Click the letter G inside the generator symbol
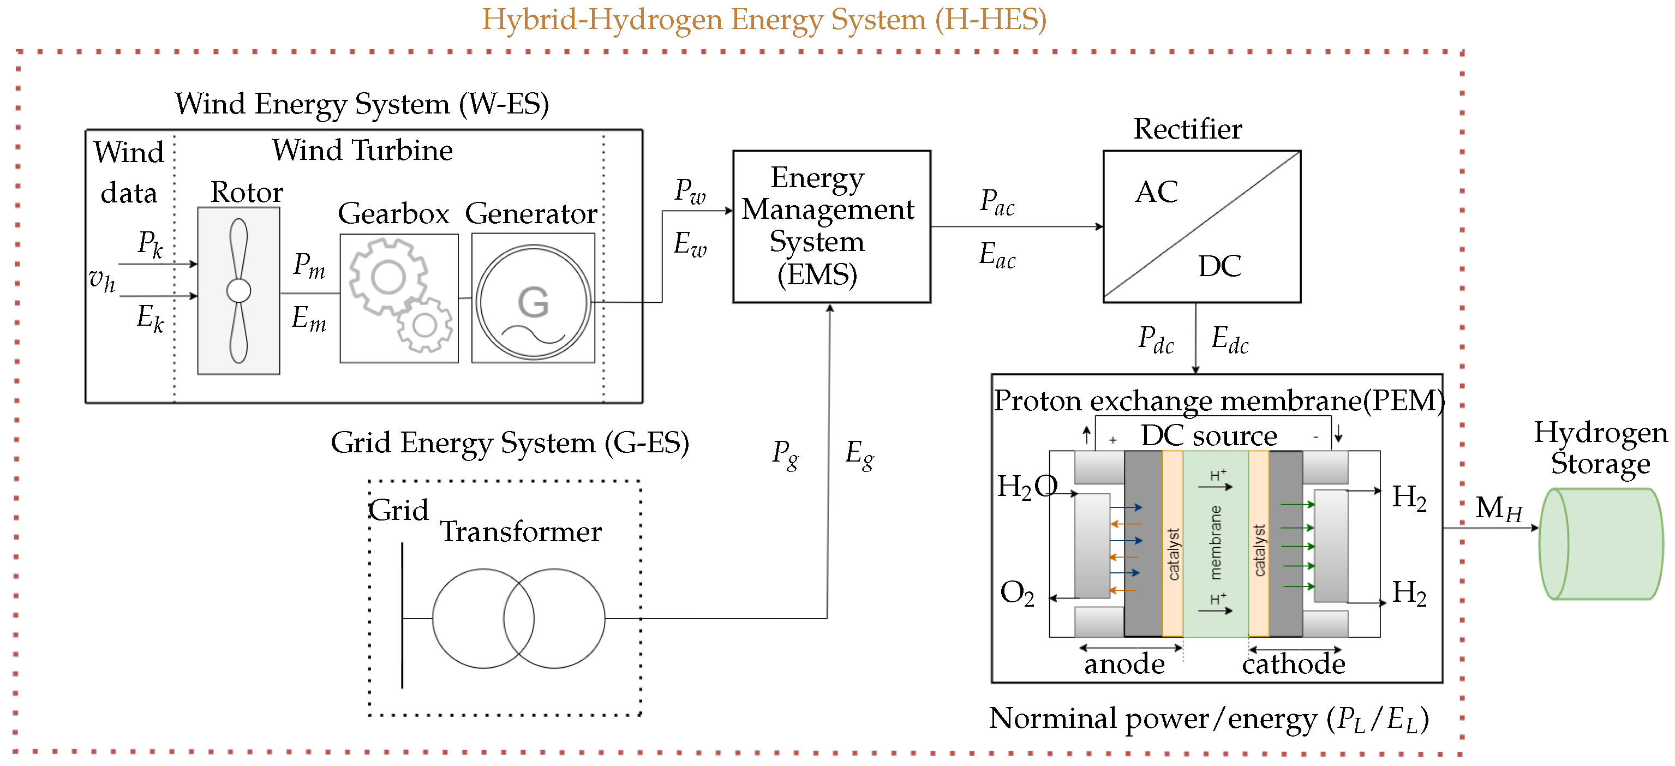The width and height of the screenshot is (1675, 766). (533, 302)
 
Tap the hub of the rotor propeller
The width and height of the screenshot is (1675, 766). (238, 291)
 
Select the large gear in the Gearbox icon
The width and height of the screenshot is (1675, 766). (388, 278)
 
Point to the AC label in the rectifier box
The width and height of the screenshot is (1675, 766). (1156, 192)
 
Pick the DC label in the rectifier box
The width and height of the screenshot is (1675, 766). (1219, 266)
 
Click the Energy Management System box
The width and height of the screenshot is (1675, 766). (831, 226)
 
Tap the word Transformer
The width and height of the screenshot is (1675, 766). (521, 532)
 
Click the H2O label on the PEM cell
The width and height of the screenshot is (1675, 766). (1027, 487)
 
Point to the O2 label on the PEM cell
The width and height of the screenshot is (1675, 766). (1016, 593)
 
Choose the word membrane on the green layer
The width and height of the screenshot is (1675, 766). (1215, 542)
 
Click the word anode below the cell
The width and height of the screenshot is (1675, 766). (1124, 664)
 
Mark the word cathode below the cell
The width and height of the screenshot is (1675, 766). (1293, 664)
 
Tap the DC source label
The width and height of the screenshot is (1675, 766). (1209, 436)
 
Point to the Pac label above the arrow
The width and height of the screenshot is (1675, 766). (997, 202)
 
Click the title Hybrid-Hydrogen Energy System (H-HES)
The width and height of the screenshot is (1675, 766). (764, 20)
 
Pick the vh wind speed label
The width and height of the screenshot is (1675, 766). (101, 280)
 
